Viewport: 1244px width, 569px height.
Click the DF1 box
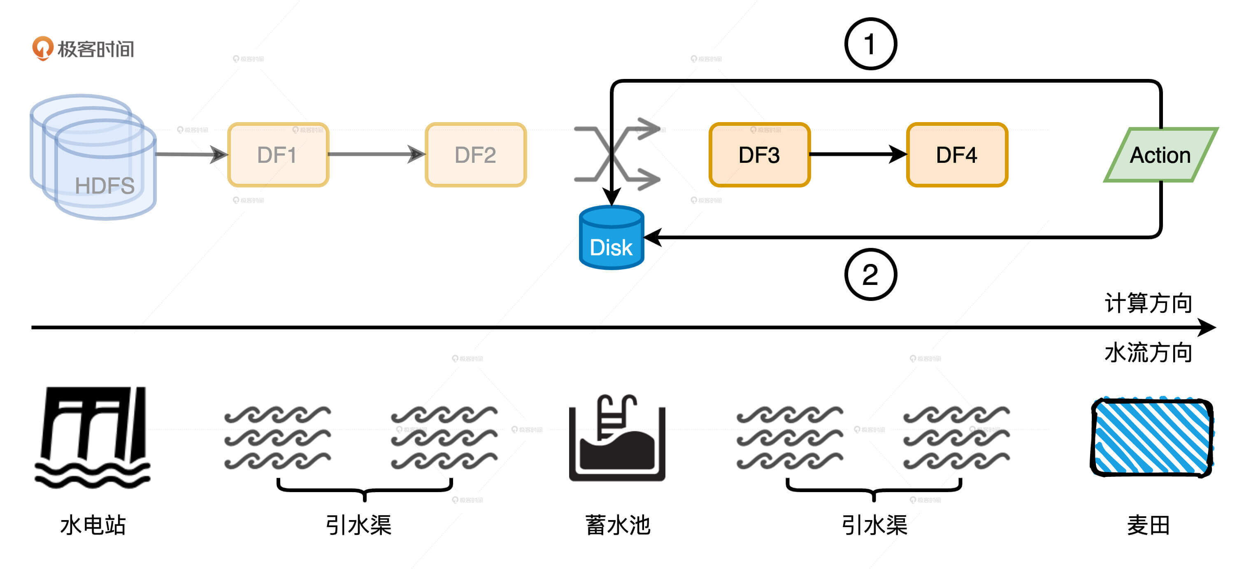tap(278, 155)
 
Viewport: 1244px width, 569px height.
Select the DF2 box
tap(475, 155)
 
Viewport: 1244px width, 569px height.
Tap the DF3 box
tap(759, 155)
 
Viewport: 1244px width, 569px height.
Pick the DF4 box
tap(957, 155)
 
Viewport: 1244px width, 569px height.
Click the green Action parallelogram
tap(1160, 155)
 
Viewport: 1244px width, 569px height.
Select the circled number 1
tap(870, 44)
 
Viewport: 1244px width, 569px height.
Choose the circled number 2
tap(870, 275)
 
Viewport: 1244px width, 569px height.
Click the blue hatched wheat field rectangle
tap(1152, 437)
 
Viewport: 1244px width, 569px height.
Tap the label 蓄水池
tap(618, 525)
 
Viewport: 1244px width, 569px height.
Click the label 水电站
tap(93, 525)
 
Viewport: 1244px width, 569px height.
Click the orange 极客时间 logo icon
tap(42, 48)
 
